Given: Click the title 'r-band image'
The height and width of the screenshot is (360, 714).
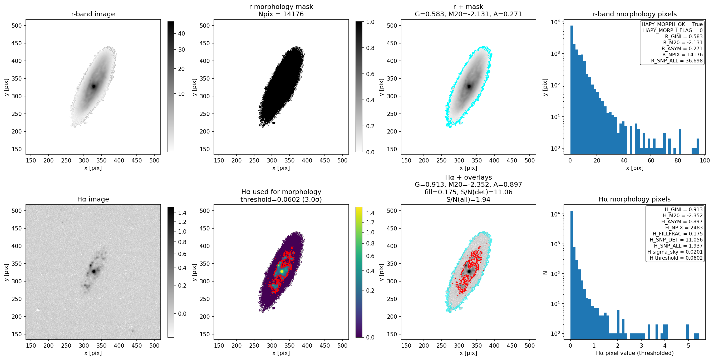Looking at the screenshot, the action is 93,14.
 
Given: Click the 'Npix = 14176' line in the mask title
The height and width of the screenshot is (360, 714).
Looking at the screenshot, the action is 281,14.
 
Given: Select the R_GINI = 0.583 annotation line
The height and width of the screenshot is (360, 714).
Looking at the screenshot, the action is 684,36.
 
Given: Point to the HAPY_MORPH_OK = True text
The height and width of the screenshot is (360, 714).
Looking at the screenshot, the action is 672,24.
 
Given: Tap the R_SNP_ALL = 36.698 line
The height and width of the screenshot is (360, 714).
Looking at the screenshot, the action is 677,61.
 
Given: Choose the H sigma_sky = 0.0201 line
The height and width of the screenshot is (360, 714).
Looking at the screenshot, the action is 675,252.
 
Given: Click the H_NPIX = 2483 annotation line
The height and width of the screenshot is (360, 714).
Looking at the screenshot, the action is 684,228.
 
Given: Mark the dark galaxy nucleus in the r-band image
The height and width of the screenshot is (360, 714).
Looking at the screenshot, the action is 94,86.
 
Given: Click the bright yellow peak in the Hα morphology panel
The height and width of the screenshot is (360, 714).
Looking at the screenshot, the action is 282,271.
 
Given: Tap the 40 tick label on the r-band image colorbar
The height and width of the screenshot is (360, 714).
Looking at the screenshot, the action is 181,33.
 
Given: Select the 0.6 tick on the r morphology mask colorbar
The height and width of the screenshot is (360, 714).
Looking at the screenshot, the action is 370,74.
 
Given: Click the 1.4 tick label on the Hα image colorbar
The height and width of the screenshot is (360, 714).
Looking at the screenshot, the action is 182,213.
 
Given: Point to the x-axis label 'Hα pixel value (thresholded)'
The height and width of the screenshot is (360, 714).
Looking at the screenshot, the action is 635,353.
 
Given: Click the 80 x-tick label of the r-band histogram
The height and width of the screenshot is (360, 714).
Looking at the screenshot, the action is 678,160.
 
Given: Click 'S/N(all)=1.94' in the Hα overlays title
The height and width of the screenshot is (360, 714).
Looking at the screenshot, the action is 468,200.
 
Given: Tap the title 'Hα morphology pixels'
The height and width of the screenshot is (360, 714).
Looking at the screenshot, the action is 634,199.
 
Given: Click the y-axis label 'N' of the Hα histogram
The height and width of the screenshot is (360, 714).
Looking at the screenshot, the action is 545,273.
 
